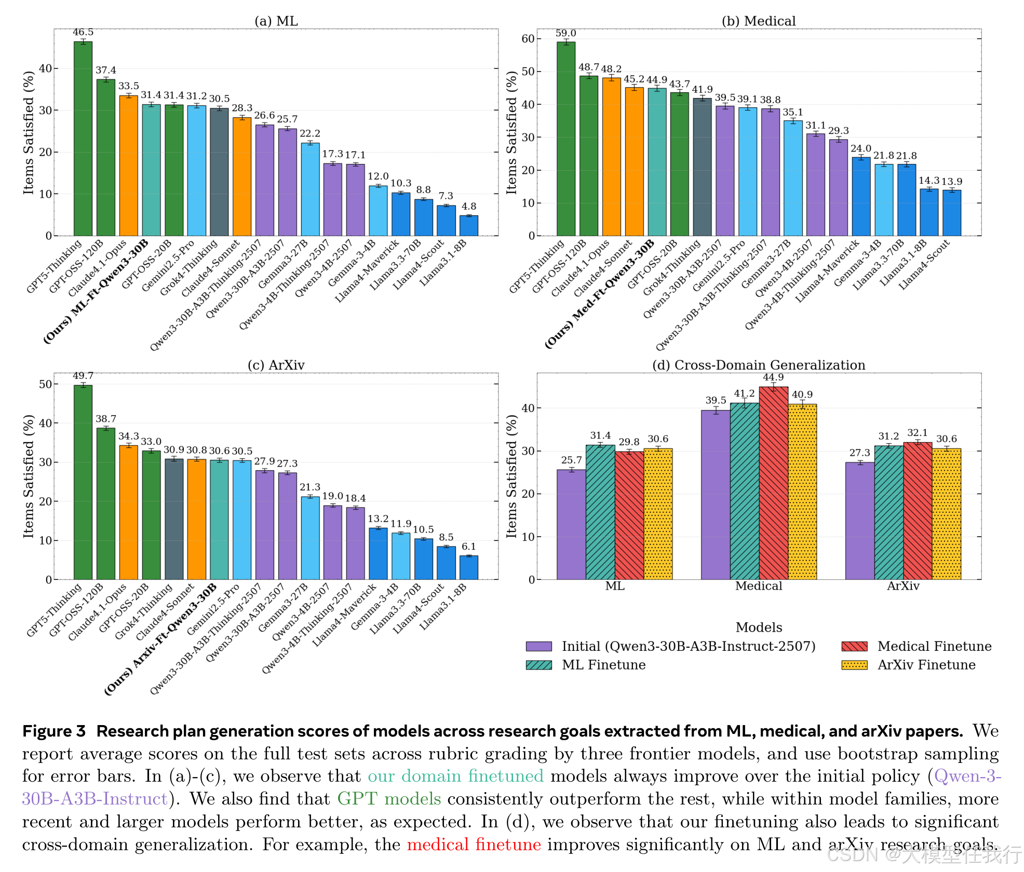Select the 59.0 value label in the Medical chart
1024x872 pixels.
[565, 33]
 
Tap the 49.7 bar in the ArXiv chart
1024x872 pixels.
[83, 482]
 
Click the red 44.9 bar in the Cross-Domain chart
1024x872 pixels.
[773, 483]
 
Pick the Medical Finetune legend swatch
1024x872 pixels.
[854, 646]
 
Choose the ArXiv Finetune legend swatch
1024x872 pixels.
[854, 665]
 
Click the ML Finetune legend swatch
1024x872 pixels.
[538, 665]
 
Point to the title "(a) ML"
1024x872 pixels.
[276, 21]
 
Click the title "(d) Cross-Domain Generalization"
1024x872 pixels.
[758, 365]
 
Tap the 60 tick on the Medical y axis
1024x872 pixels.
[528, 39]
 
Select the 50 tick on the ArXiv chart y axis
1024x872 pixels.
[45, 384]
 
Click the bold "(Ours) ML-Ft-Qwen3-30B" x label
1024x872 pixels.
[97, 291]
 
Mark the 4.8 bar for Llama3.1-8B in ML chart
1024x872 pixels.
[468, 226]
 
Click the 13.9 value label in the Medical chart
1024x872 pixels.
[952, 182]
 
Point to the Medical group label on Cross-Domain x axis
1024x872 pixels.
[758, 586]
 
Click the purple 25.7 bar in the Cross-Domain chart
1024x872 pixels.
[571, 524]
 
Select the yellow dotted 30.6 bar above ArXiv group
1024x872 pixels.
[946, 514]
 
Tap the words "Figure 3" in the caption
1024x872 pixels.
[53, 731]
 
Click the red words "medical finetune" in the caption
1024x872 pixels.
[474, 844]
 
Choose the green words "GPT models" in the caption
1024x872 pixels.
[388, 798]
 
